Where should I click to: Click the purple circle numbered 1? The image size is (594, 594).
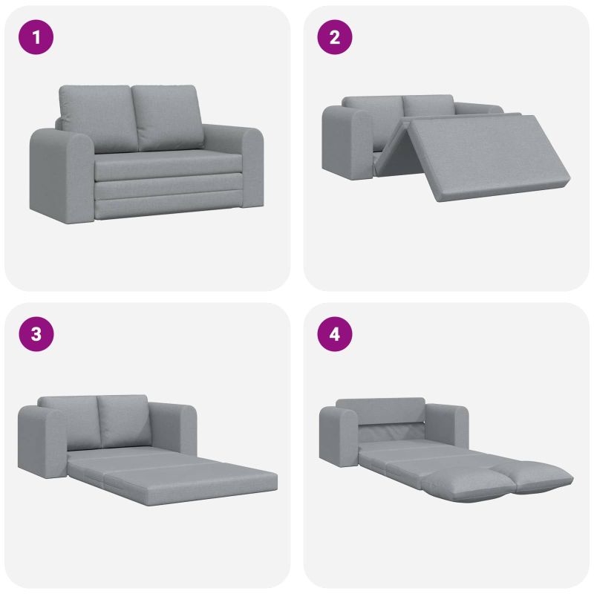point(36,37)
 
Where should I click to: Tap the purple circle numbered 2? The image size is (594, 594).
point(335,37)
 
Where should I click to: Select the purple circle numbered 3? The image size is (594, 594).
point(36,334)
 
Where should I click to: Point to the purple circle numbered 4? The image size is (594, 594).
point(335,334)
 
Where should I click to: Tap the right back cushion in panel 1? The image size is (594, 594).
point(168,117)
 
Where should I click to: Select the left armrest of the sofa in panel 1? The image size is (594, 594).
point(62,175)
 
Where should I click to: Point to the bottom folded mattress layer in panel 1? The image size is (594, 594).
point(169,206)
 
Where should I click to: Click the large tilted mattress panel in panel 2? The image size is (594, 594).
point(489,157)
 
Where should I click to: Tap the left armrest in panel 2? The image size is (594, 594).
point(347,143)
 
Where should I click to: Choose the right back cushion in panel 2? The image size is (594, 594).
point(428,105)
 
